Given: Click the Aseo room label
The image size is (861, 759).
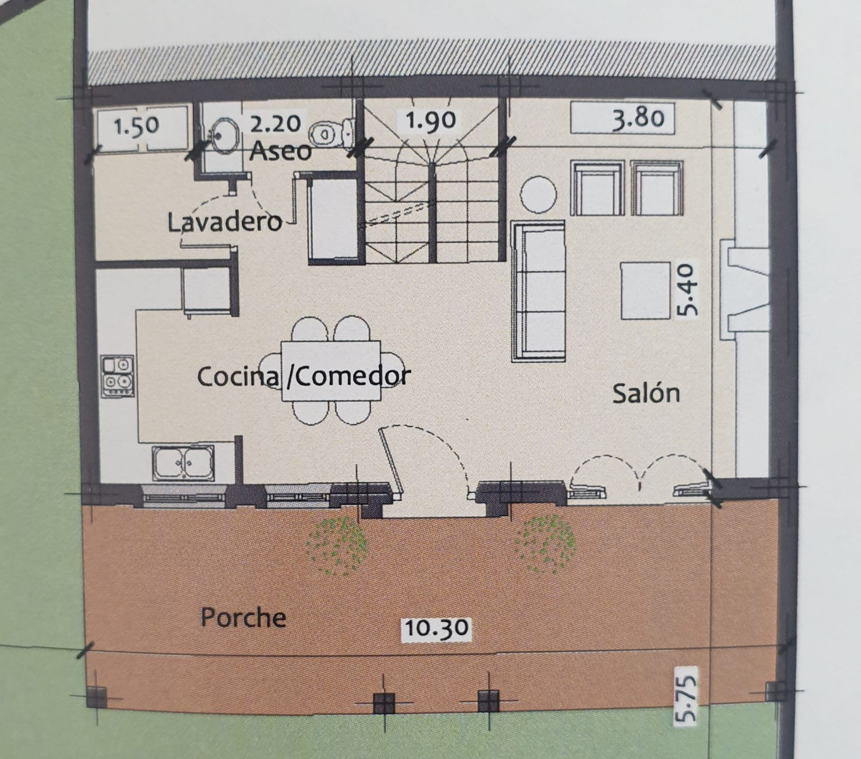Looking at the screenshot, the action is coord(280,151).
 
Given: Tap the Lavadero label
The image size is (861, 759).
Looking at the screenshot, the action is coord(225,222).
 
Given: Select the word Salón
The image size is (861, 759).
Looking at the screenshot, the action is coord(646,393).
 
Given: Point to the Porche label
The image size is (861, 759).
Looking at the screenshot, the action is coord(243,617).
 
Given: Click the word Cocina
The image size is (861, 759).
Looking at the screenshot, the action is coord(238,377).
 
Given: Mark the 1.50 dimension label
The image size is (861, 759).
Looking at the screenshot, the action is coord(137,126).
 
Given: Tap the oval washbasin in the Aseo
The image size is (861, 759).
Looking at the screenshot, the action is coord(224,136).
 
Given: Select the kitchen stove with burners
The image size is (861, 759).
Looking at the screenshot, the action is coord(118,377).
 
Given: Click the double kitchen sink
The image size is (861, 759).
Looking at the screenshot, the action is coord(183,463).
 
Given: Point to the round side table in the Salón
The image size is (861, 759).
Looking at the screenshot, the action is coord(538,194).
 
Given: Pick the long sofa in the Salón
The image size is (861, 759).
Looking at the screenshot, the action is coord(539,291).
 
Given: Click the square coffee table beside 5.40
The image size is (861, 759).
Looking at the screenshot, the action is coord(646,291).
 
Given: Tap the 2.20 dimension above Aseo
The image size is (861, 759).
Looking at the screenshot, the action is coord(275,123).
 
